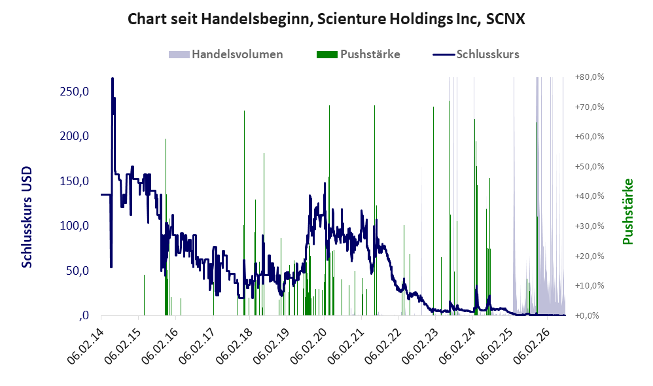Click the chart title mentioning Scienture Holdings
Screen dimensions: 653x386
click(x=326, y=19)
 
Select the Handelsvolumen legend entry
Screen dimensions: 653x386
click(x=226, y=54)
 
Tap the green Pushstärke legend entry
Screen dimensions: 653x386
click(x=358, y=54)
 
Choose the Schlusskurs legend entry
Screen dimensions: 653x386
click(x=476, y=54)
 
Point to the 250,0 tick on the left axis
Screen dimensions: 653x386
click(x=74, y=92)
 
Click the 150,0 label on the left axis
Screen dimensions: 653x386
click(x=74, y=181)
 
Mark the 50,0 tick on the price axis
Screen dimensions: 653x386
click(x=77, y=271)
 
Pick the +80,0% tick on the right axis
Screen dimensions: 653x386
click(x=590, y=77)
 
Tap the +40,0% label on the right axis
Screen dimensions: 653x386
click(x=590, y=196)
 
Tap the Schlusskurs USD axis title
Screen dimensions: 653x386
click(x=27, y=217)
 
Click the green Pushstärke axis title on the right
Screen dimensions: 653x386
click(x=627, y=211)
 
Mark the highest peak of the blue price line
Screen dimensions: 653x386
click(x=113, y=79)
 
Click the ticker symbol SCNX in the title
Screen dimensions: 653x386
click(x=505, y=19)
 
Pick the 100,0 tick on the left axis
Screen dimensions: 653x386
click(x=74, y=226)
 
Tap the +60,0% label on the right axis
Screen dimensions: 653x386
click(x=590, y=137)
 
